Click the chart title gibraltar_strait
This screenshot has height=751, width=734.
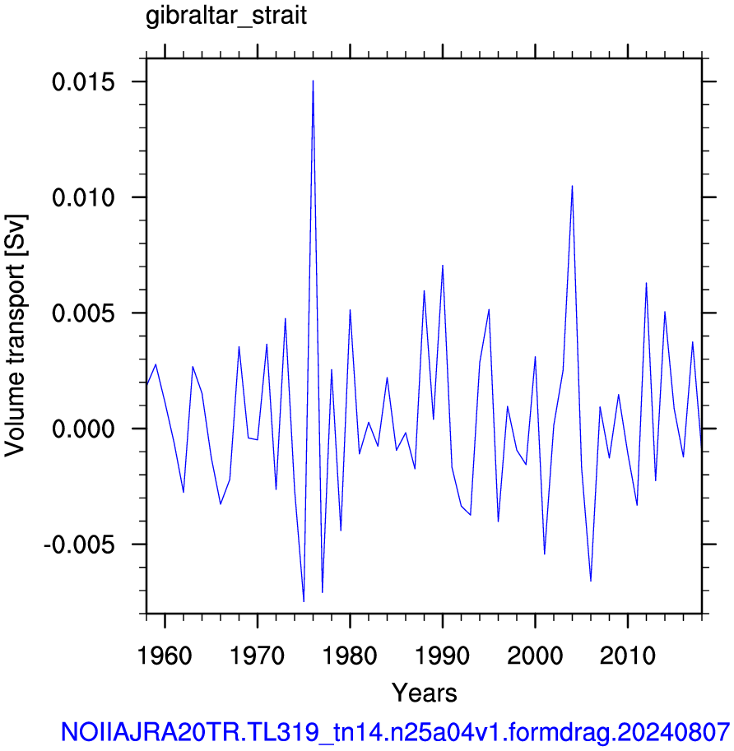click(x=226, y=16)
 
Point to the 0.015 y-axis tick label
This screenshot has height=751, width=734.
click(x=83, y=82)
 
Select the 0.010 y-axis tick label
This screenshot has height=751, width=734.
click(x=83, y=197)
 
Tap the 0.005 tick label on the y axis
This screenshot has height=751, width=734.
click(x=83, y=313)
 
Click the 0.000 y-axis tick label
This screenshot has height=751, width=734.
click(x=83, y=429)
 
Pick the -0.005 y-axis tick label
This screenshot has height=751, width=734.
click(x=80, y=545)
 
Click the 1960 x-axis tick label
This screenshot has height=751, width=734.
click(x=165, y=656)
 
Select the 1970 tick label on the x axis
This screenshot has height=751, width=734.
click(x=258, y=656)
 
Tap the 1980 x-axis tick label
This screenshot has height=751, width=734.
click(x=350, y=656)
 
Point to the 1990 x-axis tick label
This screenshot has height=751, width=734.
click(x=442, y=656)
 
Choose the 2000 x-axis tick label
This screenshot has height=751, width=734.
click(x=535, y=656)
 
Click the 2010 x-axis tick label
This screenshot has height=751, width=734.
click(x=627, y=656)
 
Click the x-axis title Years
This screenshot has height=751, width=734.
click(x=425, y=693)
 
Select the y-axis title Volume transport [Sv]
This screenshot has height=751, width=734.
click(x=15, y=336)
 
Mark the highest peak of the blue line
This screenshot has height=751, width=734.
click(x=313, y=81)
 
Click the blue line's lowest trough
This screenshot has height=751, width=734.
click(x=304, y=601)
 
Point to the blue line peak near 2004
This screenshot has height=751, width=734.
click(x=572, y=186)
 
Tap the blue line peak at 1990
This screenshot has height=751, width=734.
click(x=443, y=265)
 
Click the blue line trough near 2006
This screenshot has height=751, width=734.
click(x=591, y=581)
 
